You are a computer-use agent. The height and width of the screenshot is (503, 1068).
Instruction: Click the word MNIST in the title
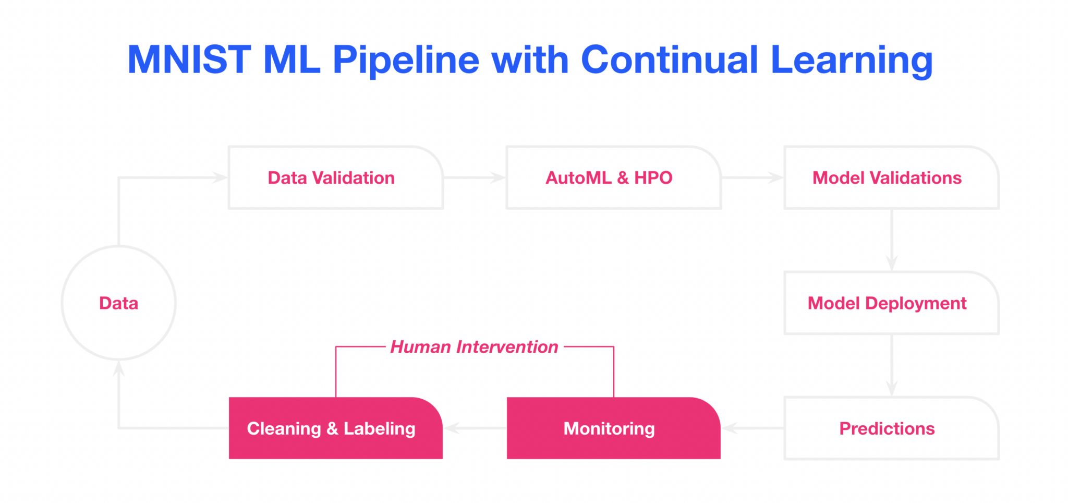click(x=189, y=60)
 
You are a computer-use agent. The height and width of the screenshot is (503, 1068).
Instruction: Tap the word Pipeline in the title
click(x=406, y=60)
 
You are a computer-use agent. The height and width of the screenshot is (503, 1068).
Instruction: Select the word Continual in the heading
click(x=669, y=60)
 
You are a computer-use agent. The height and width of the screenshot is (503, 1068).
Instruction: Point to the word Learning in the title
click(x=851, y=60)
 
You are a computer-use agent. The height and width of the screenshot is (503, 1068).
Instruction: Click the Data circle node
click(x=119, y=303)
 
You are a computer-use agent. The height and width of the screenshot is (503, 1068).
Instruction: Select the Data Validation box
click(x=335, y=178)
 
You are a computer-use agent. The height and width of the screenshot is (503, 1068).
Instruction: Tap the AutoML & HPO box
click(x=613, y=178)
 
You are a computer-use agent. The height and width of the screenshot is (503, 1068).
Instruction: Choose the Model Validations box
click(x=891, y=178)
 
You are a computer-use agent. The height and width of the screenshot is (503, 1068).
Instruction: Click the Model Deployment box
click(x=891, y=303)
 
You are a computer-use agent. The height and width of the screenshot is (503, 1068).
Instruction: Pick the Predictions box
click(x=891, y=428)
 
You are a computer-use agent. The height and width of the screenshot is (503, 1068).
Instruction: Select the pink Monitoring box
click(x=613, y=428)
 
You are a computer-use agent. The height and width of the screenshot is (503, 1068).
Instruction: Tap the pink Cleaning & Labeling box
click(x=335, y=428)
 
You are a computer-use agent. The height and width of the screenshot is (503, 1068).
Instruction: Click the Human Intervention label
click(x=474, y=347)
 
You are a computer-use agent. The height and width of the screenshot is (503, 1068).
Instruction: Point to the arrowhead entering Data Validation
click(x=221, y=178)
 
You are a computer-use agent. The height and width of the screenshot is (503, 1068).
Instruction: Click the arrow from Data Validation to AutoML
click(x=475, y=178)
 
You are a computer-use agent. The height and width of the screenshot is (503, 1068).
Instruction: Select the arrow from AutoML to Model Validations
click(x=753, y=178)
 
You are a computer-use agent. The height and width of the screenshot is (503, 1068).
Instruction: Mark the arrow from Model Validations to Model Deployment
click(x=892, y=240)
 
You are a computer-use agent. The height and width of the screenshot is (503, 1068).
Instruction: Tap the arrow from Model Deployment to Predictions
click(x=892, y=365)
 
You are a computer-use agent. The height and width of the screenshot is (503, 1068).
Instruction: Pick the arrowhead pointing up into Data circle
click(x=119, y=368)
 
